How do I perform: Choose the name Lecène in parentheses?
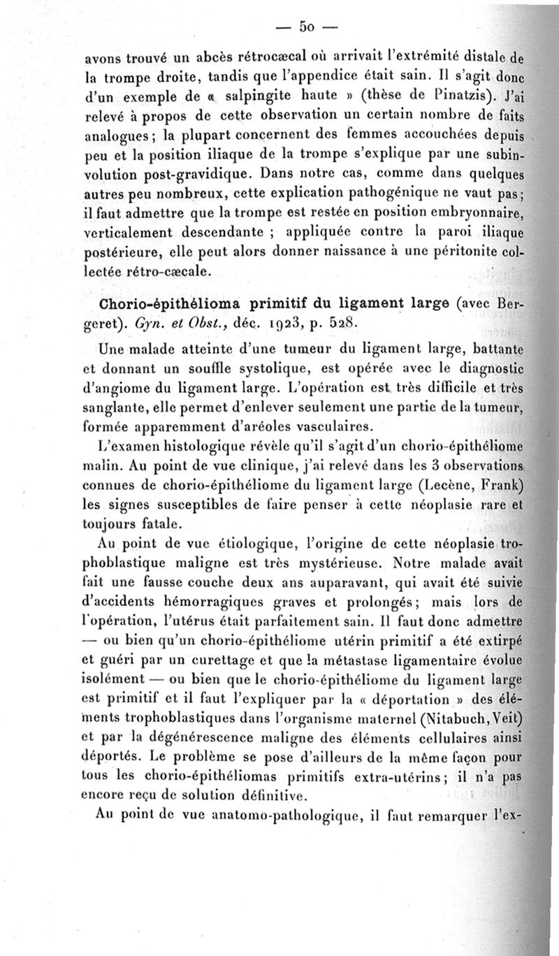pos(438,485)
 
